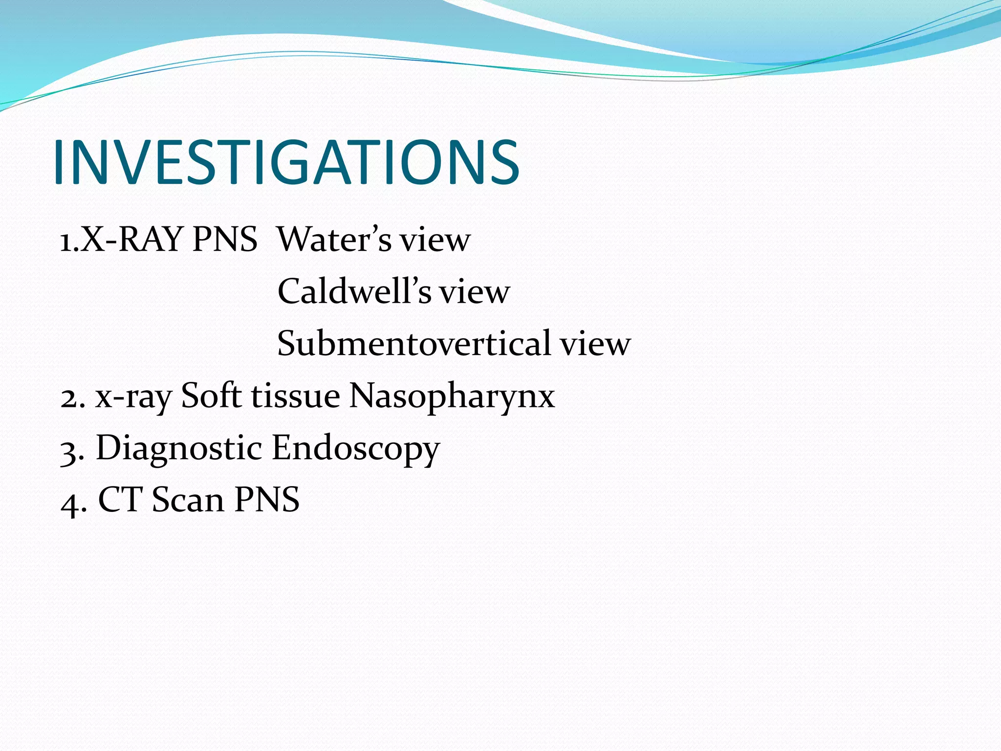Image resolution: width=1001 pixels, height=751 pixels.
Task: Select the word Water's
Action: (334, 240)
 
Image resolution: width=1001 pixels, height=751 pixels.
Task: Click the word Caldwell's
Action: (354, 291)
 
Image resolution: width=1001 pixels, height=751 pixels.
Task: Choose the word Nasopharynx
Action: (452, 396)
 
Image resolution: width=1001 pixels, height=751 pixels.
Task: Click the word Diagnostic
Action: (178, 448)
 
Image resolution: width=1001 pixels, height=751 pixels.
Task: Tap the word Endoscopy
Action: (356, 449)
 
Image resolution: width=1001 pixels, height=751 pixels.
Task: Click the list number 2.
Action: (69, 397)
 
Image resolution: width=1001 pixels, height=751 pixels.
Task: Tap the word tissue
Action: (295, 396)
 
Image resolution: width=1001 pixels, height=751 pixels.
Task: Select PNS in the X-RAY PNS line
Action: (225, 240)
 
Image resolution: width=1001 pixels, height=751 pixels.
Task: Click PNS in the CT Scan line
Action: (267, 500)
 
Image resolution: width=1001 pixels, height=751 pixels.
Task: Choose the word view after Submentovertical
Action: (595, 344)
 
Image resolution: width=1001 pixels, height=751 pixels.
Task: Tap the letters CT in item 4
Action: (120, 500)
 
